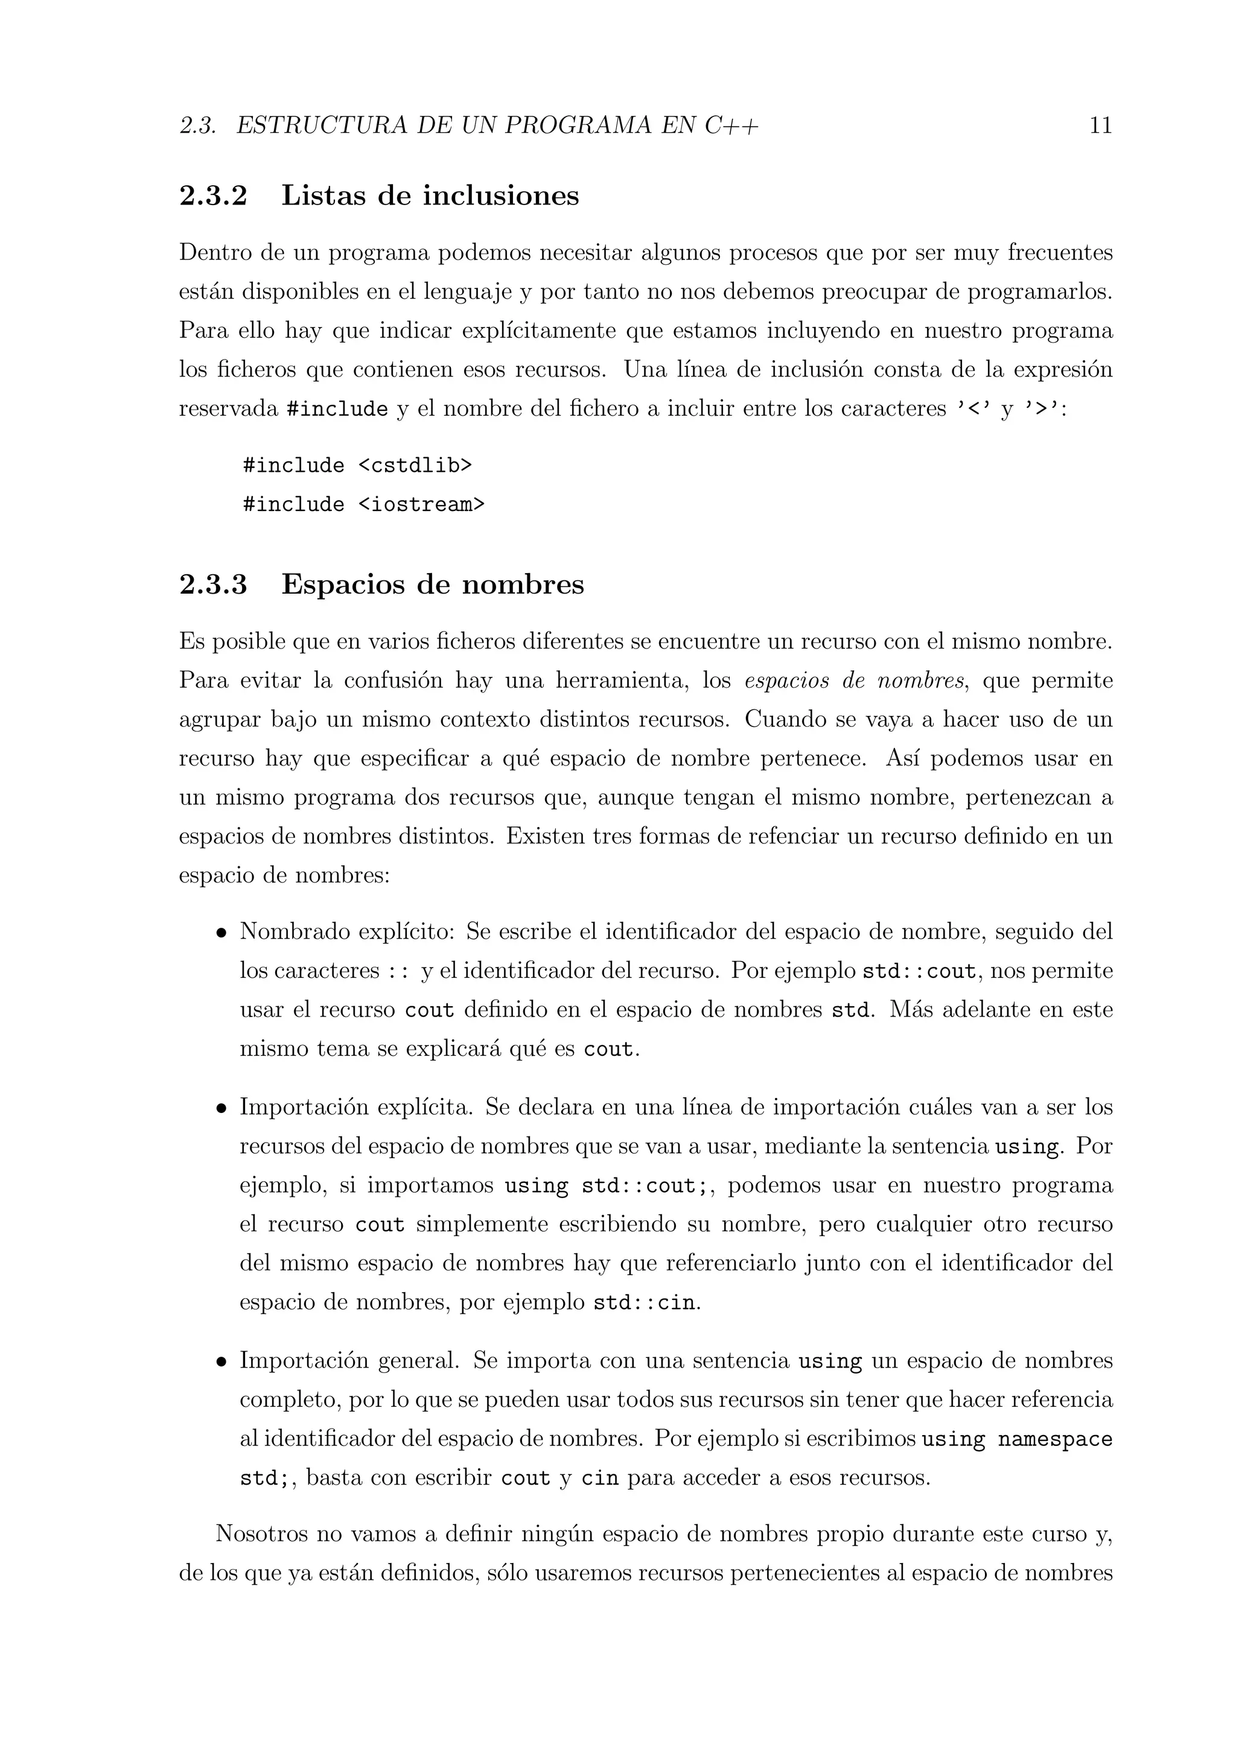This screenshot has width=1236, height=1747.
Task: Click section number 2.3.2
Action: (x=213, y=195)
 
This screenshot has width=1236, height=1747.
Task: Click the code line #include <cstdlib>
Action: (x=357, y=465)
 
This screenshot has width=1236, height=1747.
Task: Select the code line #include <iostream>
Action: (x=363, y=504)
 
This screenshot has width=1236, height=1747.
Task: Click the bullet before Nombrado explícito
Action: (x=221, y=933)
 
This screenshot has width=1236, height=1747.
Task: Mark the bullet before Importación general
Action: (x=221, y=1362)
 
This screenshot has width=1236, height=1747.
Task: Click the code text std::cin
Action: (x=644, y=1304)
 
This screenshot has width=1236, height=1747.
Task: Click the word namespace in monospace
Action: (x=1055, y=1439)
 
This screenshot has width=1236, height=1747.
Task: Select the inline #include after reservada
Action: (x=337, y=410)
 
